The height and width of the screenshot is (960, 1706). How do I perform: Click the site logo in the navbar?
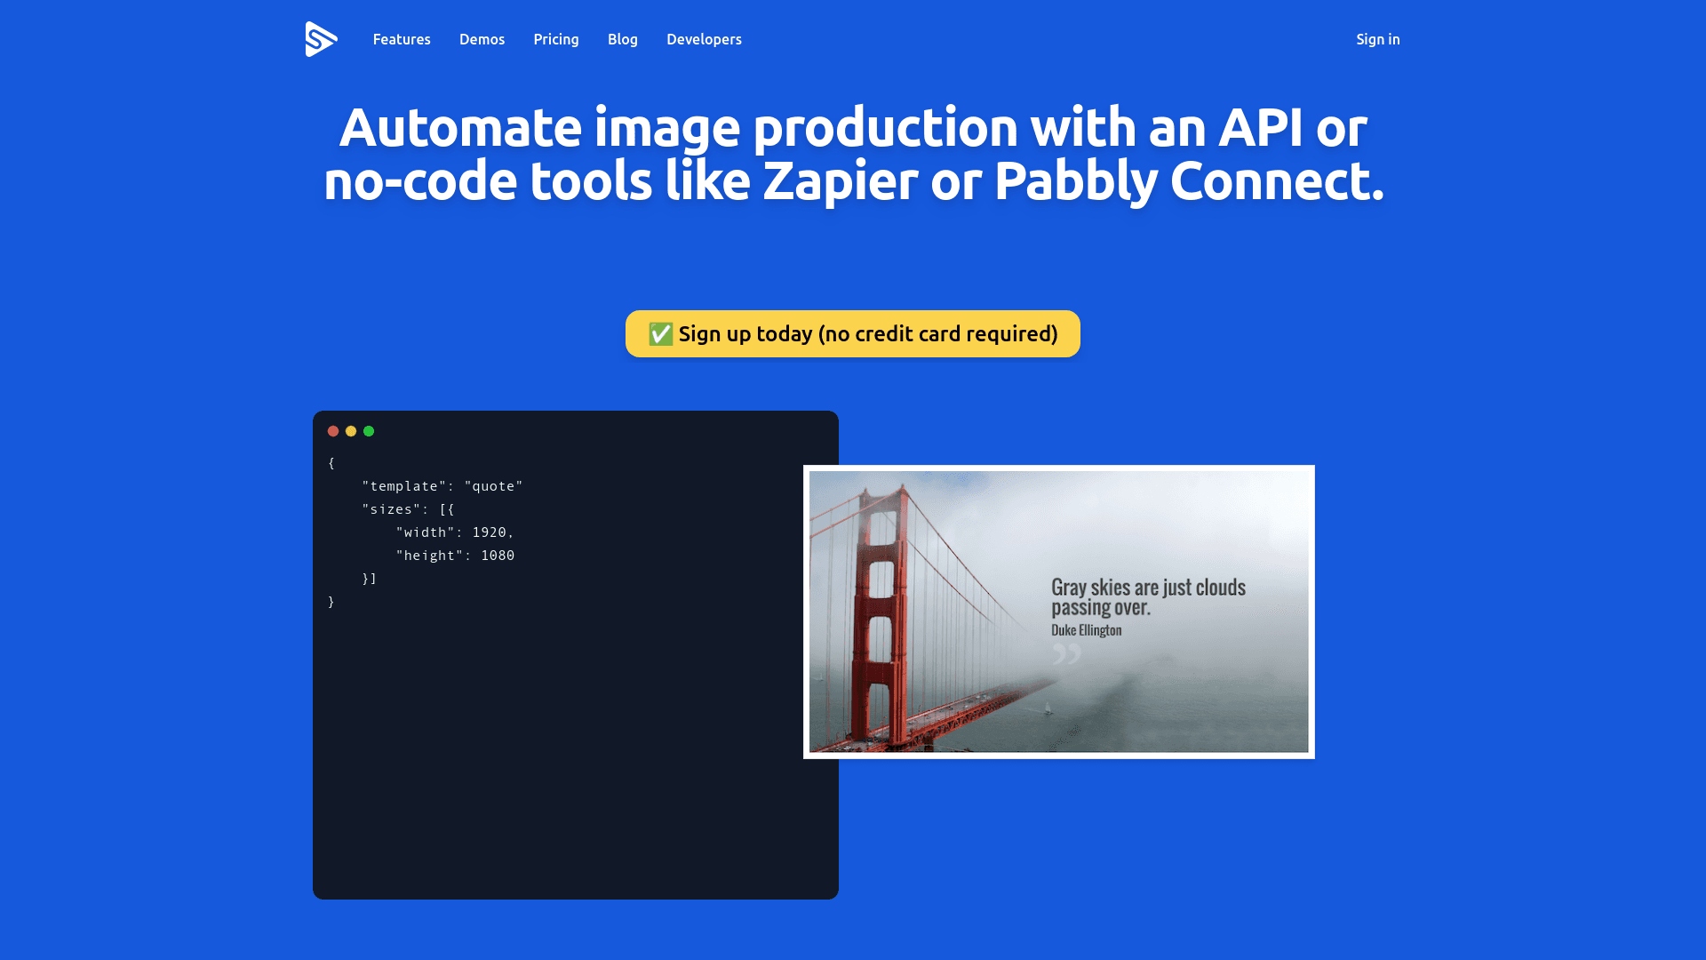coord(321,39)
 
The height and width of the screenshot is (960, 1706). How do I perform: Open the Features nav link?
coord(402,39)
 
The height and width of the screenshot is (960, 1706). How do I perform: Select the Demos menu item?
coord(482,39)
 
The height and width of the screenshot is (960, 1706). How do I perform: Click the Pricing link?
coord(556,39)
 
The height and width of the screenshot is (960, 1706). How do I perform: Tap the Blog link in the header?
coord(623,39)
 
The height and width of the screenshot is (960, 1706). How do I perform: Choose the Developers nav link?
coord(704,39)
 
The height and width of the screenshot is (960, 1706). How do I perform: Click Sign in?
coord(1378,39)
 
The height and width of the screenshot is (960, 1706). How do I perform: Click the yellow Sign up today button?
coord(853,333)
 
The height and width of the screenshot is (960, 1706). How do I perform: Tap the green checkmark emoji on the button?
coord(660,333)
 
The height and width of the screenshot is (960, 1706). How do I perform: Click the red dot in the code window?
coord(333,431)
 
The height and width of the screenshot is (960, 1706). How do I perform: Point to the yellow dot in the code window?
coord(351,431)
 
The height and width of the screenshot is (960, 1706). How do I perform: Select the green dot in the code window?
coord(369,431)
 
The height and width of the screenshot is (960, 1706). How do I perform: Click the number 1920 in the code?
coord(489,532)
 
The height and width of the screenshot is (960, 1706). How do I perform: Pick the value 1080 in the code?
coord(498,556)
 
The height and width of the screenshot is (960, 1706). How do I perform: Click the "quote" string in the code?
coord(493,486)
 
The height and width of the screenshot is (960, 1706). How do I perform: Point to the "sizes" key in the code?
coord(391,509)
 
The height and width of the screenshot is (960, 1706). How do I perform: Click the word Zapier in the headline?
coord(840,181)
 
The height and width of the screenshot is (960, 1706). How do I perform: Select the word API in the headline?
coord(1261,127)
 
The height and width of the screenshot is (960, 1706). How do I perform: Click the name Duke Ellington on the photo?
coord(1087,630)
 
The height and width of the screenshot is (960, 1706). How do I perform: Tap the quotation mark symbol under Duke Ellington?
coord(1067,654)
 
